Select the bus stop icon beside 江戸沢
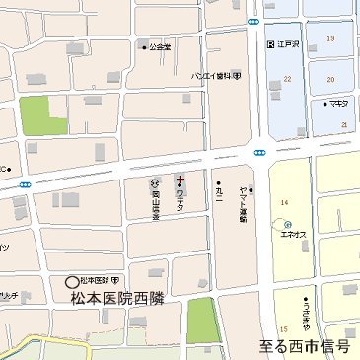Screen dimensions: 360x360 269,44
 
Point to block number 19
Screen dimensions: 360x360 329,38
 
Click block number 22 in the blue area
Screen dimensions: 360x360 287,78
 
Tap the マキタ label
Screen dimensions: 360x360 337,102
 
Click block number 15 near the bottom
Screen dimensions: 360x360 283,327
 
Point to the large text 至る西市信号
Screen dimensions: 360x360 305,346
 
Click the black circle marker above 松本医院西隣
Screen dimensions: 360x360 71,281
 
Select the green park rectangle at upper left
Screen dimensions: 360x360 37,116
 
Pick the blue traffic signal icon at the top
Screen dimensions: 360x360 253,21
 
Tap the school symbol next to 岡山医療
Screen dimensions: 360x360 154,182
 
